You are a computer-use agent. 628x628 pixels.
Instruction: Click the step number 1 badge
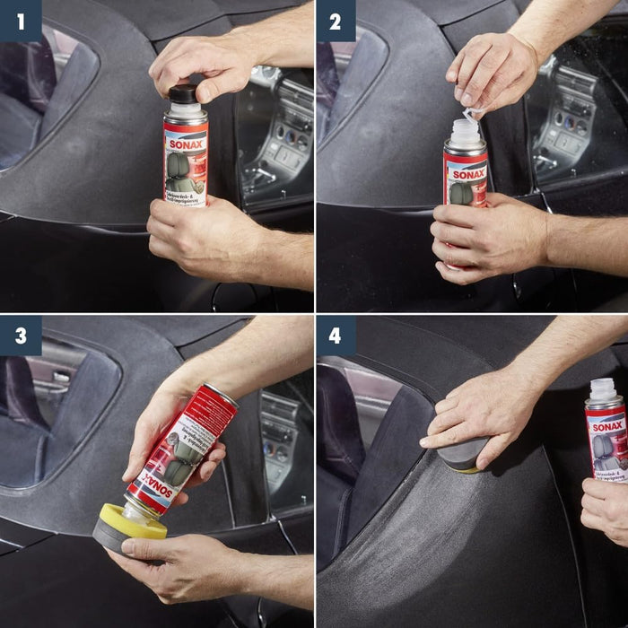[x=20, y=21]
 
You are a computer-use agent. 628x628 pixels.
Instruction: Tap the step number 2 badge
[x=335, y=21]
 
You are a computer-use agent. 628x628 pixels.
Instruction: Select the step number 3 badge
[x=20, y=336]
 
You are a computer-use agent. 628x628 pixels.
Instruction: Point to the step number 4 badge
[x=335, y=336]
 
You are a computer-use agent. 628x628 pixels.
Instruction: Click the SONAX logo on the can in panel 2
[x=468, y=173]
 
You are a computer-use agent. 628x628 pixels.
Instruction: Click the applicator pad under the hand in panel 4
[x=463, y=453]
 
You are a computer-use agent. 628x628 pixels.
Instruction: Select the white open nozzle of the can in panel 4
[x=603, y=388]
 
